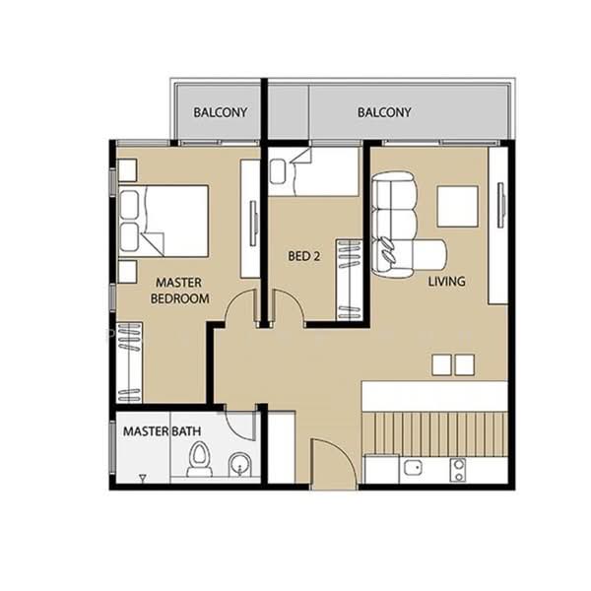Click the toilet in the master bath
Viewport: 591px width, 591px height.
coord(199,459)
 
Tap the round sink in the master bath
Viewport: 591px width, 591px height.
coord(239,464)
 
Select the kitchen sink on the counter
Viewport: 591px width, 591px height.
coord(413,468)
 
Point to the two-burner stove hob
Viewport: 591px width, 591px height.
coord(458,470)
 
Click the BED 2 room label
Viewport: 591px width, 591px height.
coord(303,256)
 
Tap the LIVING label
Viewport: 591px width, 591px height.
coord(446,281)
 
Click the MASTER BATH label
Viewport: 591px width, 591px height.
coord(163,431)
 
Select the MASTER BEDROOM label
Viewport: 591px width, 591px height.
coord(180,291)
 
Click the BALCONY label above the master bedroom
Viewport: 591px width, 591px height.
coord(220,112)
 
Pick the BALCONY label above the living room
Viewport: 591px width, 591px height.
coord(384,112)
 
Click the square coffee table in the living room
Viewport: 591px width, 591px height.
coord(458,206)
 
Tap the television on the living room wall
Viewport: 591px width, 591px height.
coord(501,205)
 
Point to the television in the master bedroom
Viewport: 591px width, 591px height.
coord(254,224)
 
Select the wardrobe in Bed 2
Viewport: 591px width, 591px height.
coord(349,280)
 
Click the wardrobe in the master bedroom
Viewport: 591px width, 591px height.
coord(129,362)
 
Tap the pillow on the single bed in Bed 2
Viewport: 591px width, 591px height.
coord(278,171)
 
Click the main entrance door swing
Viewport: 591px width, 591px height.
coord(334,464)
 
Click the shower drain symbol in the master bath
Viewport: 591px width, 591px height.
coord(143,478)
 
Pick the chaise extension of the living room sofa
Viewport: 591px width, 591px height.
coord(429,254)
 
